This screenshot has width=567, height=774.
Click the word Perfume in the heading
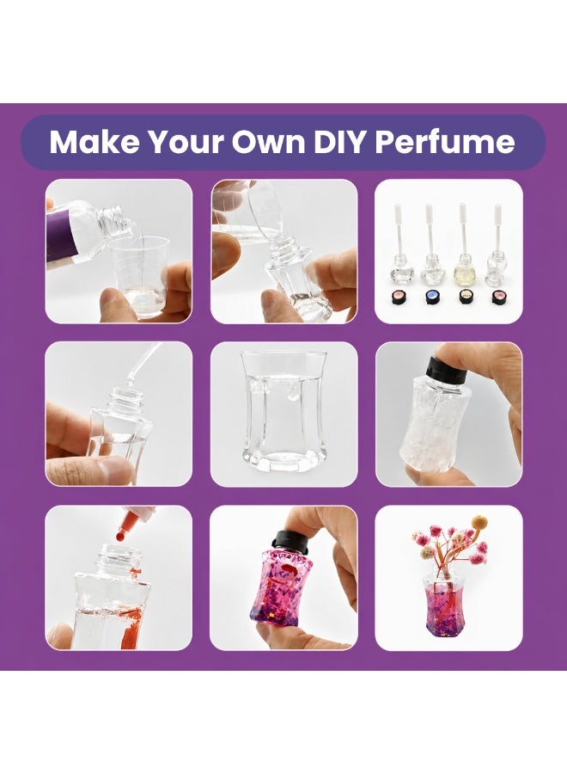tap(445, 142)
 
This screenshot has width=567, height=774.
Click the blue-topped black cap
tap(431, 296)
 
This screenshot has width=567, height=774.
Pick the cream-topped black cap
tap(465, 296)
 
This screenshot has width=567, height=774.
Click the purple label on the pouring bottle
tap(61, 236)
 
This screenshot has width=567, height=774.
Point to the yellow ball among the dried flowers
tap(478, 521)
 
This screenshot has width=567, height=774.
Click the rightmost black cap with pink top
tap(498, 296)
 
